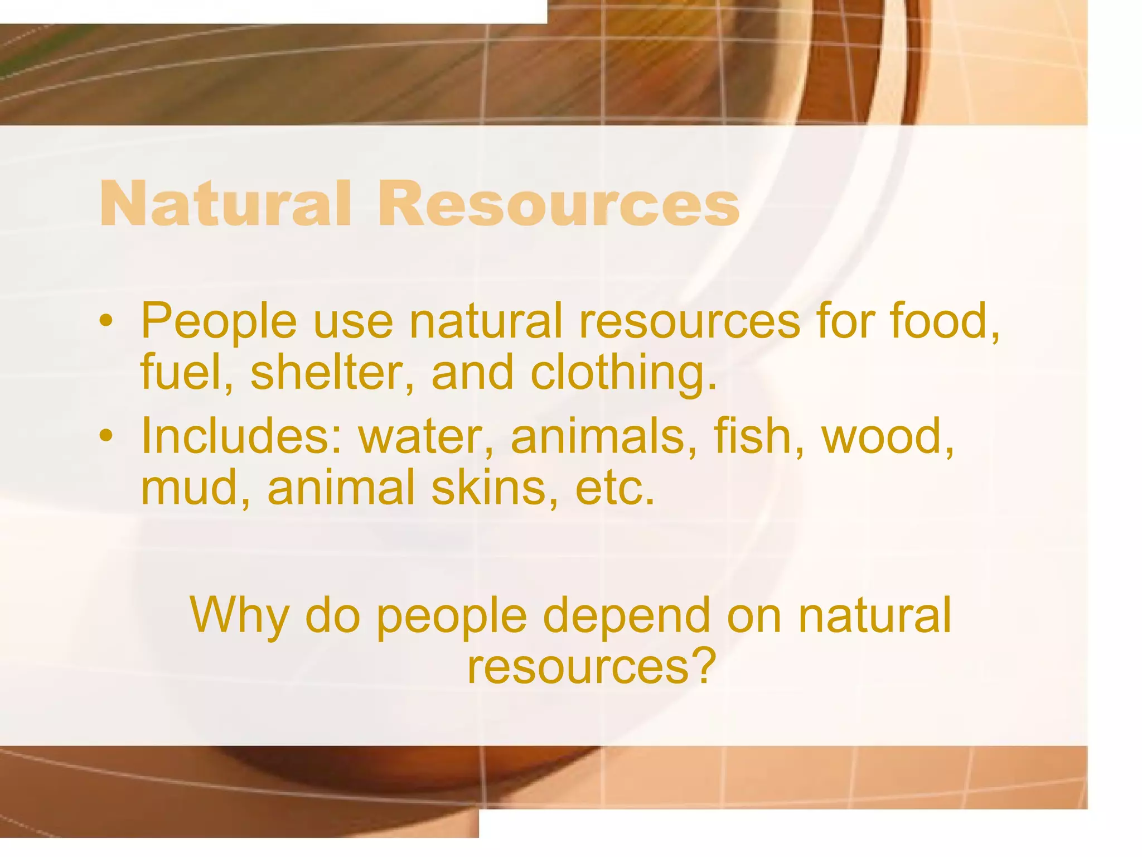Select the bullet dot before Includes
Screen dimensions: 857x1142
(x=106, y=436)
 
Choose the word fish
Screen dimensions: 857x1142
(x=759, y=436)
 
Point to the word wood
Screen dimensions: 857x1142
(x=887, y=436)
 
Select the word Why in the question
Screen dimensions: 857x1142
(x=240, y=616)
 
